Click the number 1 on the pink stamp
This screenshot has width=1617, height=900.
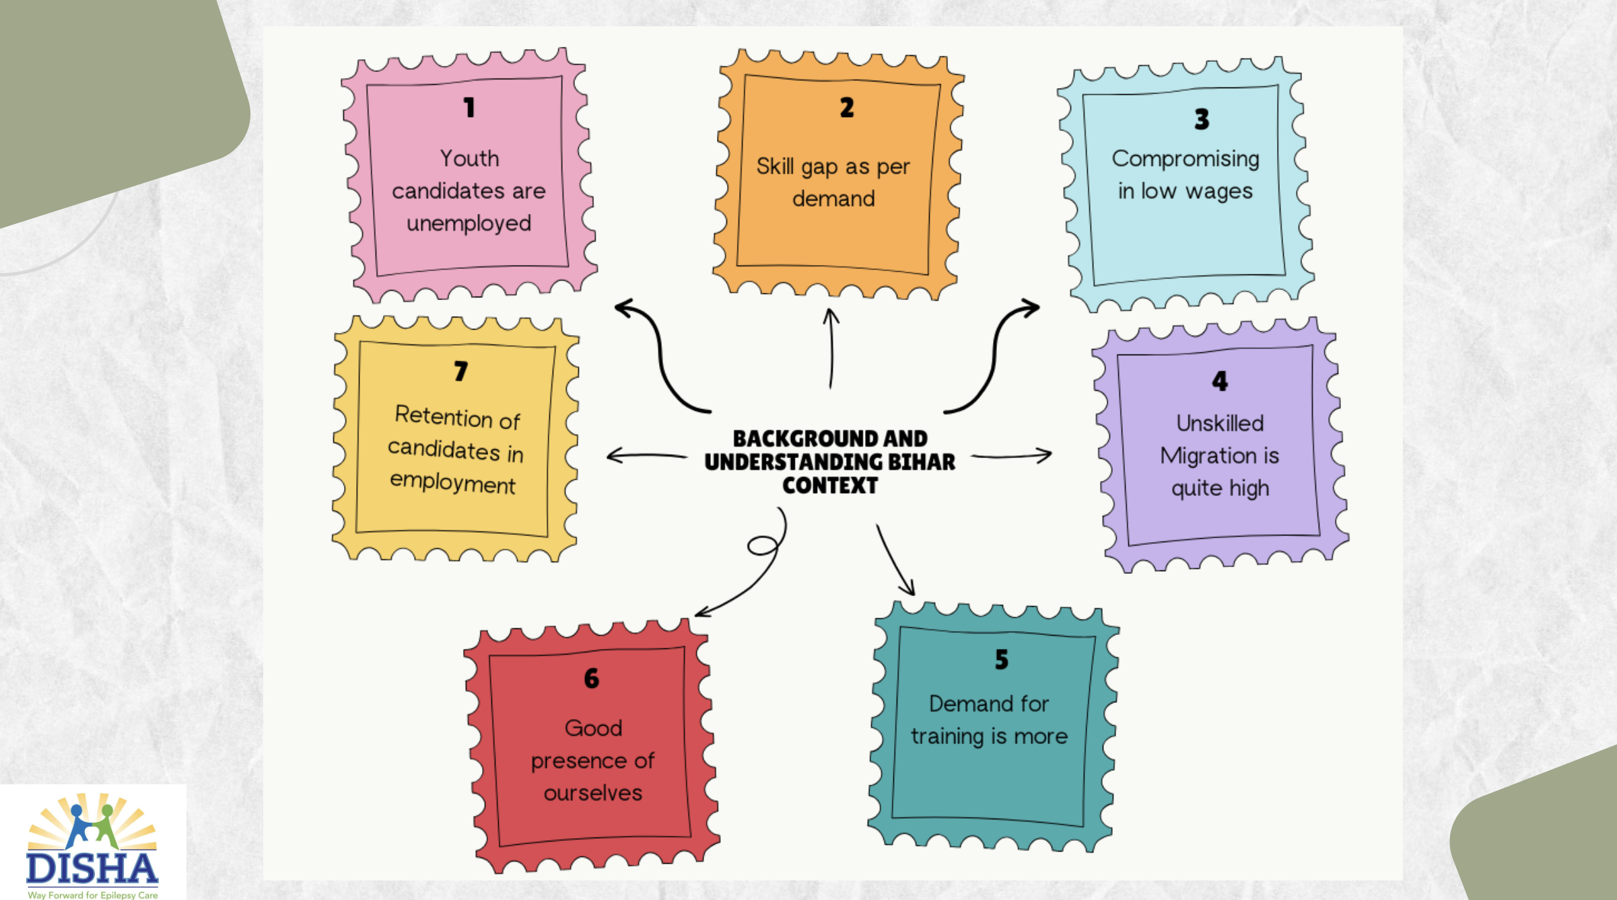pos(469,108)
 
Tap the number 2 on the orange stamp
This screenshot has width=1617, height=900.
pos(847,108)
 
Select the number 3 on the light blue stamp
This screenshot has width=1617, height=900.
pos(1202,120)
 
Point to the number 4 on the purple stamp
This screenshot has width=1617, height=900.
pos(1220,381)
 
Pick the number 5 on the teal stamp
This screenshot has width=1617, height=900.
pos(1002,659)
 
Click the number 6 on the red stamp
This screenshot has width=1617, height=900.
pos(592,679)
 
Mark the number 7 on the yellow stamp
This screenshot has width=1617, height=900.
pos(460,371)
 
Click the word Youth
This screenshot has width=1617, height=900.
pos(469,159)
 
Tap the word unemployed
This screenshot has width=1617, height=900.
pos(469,223)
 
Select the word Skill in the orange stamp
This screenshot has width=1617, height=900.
pos(775,166)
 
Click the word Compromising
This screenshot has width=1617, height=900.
pos(1185,159)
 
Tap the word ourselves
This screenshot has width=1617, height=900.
pos(593,793)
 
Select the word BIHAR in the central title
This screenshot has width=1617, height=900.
pos(921,462)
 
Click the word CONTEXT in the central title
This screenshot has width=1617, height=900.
pos(830,486)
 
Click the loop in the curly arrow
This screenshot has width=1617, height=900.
pos(763,545)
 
